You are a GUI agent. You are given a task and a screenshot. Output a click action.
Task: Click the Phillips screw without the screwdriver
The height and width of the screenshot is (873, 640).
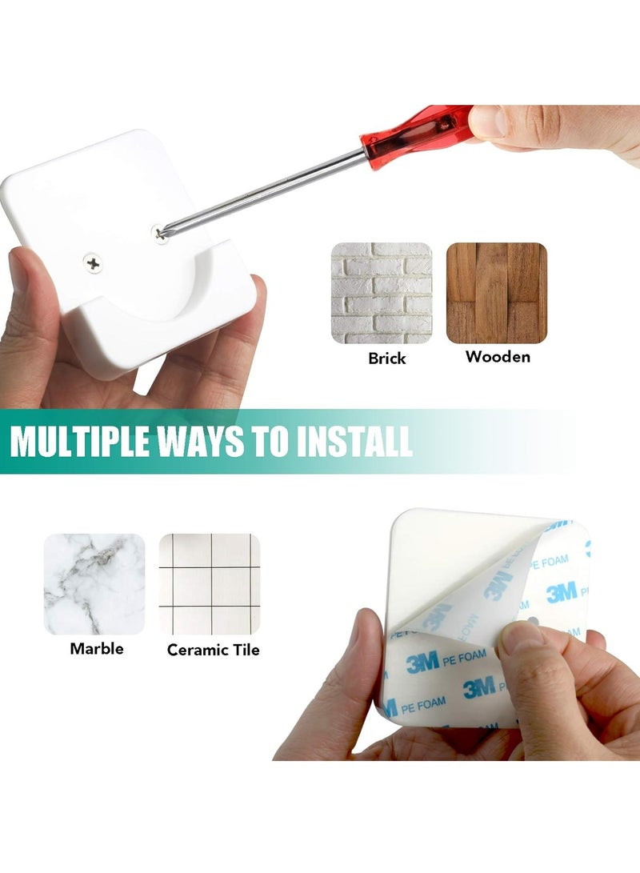click(x=94, y=262)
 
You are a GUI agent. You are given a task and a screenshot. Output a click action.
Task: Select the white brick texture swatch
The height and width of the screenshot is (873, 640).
click(x=382, y=294)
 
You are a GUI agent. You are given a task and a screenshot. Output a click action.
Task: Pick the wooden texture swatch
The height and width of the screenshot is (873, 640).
click(x=496, y=294)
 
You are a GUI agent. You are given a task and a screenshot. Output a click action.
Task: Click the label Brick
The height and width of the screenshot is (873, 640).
click(x=387, y=358)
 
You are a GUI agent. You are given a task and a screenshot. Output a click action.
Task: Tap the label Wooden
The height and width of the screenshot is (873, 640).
click(x=498, y=357)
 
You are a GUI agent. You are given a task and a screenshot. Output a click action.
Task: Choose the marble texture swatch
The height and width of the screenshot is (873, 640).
click(x=94, y=584)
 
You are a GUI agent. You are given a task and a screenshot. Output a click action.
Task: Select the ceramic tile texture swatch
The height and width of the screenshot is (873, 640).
click(x=210, y=584)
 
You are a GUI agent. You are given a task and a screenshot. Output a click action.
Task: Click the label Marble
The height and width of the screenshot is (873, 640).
click(x=97, y=648)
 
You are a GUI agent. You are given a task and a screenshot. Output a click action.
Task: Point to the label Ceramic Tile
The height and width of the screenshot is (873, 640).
click(x=214, y=650)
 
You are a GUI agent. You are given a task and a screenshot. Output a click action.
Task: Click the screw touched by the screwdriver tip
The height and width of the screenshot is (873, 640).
click(x=160, y=233)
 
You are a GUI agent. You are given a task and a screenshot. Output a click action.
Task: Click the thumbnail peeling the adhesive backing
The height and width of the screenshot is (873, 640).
click(x=524, y=640)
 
